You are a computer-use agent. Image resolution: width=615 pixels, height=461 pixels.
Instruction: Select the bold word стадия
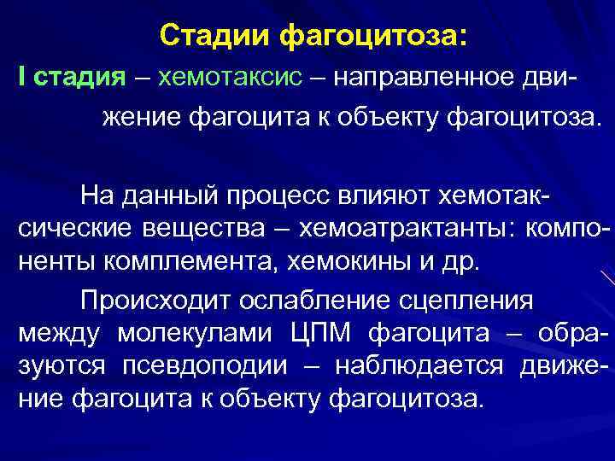click(x=80, y=79)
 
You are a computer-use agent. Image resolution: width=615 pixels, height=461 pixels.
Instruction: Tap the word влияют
click(x=385, y=196)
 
